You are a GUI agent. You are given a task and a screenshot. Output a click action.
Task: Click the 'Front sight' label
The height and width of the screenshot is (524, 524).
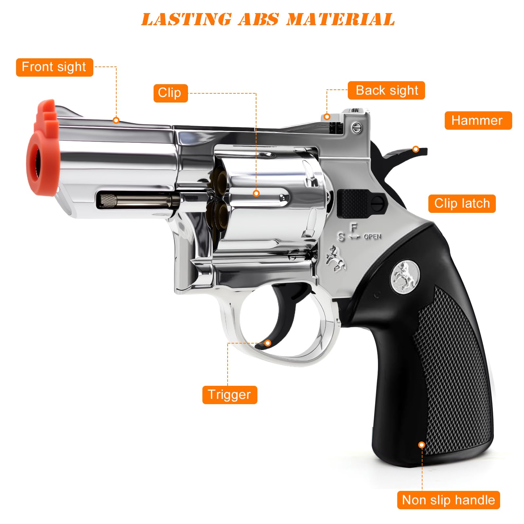tap(54, 67)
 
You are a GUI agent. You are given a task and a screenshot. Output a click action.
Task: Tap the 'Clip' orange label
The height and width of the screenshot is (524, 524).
tap(170, 93)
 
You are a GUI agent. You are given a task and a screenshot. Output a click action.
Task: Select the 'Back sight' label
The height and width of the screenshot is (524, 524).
tap(386, 90)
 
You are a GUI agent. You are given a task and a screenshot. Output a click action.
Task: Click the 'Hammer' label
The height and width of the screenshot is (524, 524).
tap(478, 121)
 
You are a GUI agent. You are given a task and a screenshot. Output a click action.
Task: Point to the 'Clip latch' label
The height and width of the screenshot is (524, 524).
tap(462, 203)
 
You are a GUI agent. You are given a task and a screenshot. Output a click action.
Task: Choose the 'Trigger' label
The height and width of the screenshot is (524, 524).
tap(230, 395)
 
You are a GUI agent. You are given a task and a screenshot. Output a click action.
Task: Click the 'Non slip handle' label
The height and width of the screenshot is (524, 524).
tap(448, 500)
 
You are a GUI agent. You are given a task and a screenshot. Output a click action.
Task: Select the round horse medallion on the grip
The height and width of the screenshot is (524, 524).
tap(405, 276)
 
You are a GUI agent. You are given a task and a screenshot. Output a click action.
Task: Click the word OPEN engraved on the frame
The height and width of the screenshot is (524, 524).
tap(372, 236)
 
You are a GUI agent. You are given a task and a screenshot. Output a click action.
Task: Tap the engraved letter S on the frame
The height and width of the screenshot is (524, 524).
tap(341, 237)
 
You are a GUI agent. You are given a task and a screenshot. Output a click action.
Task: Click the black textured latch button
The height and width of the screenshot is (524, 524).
tap(352, 203)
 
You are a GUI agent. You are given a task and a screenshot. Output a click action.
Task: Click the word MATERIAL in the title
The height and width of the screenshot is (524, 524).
tap(341, 19)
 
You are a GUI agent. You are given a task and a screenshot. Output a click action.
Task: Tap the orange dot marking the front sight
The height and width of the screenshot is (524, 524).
tap(116, 120)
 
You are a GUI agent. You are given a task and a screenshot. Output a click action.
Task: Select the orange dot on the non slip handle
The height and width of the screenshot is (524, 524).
tap(422, 445)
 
